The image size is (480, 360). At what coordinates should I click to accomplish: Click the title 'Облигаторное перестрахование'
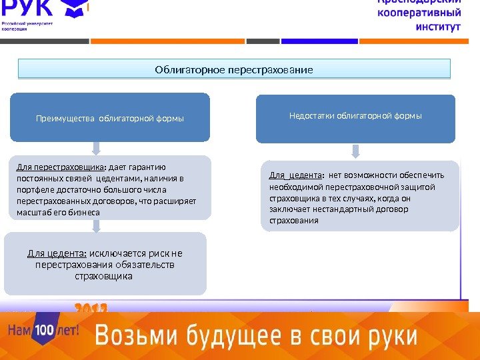[234, 69]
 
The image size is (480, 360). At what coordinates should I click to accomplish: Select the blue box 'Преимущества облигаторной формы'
[110, 119]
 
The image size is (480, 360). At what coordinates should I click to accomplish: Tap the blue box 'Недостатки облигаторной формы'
[355, 116]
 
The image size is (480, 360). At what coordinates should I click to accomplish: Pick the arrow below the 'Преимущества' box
[97, 147]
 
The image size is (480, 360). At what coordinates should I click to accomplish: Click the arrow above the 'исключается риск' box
[97, 225]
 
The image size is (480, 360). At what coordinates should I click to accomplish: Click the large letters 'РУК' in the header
[29, 9]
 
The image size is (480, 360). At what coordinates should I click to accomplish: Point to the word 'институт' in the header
[438, 28]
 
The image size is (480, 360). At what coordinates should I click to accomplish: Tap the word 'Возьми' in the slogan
[128, 336]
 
